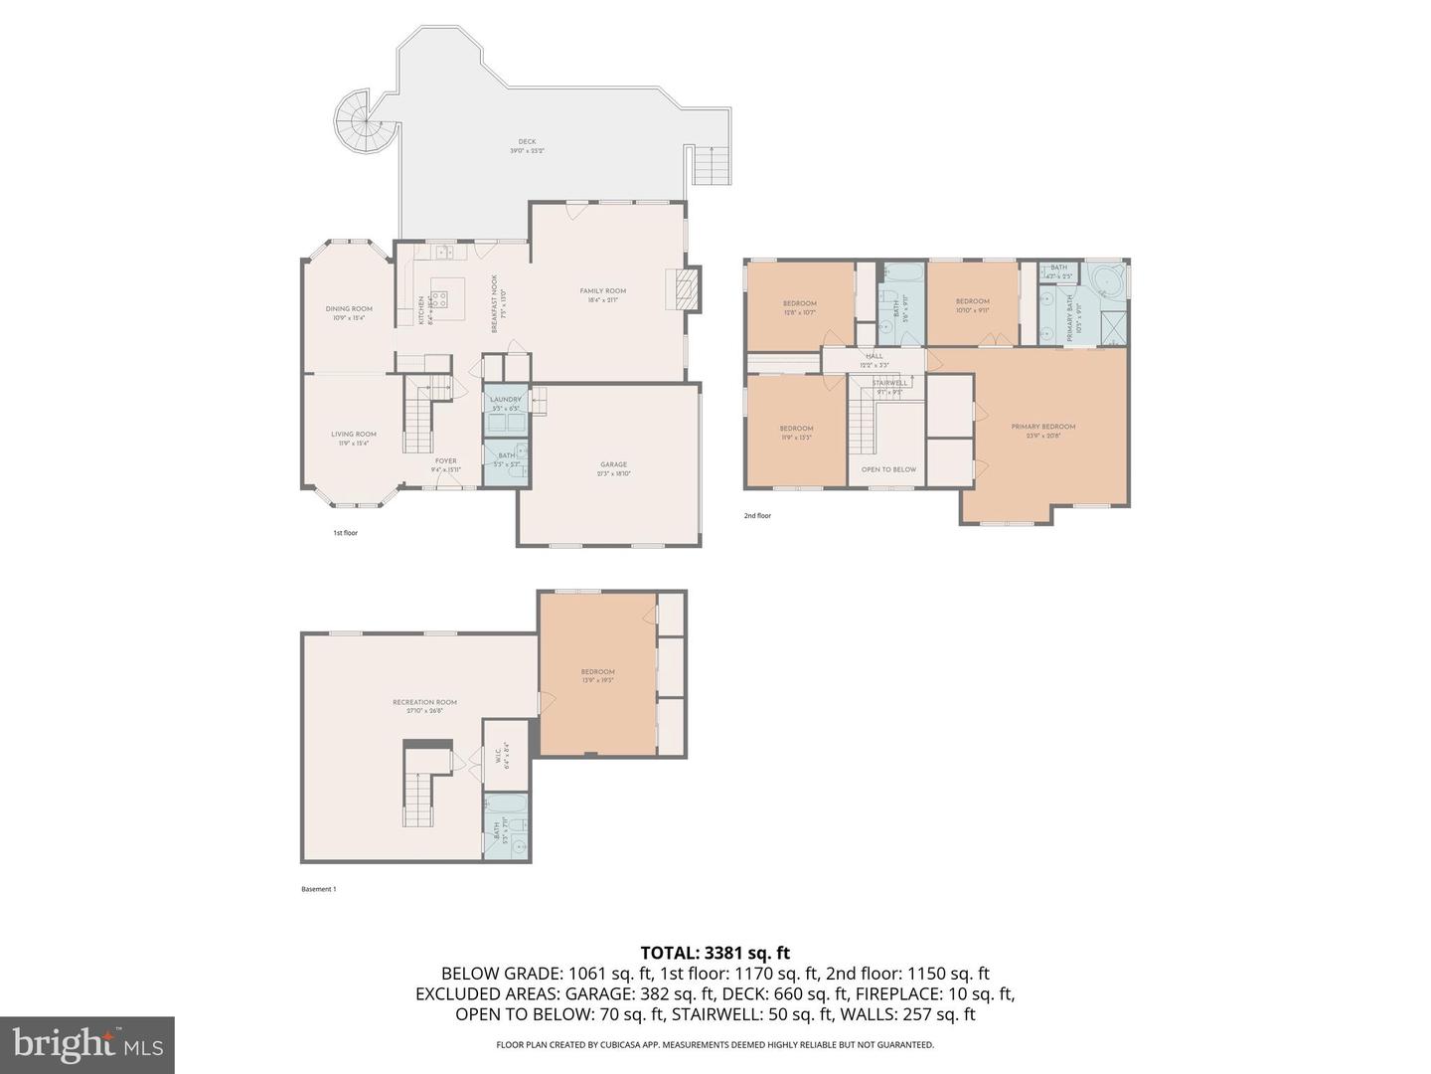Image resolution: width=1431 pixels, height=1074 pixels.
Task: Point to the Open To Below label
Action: [888, 469]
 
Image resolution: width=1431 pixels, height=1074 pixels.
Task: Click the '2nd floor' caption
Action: [757, 516]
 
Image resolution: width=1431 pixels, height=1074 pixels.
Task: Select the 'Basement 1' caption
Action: [319, 889]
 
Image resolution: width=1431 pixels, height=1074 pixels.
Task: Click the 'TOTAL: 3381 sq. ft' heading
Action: [715, 954]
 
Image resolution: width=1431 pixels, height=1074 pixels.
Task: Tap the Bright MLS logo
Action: [87, 1044]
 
